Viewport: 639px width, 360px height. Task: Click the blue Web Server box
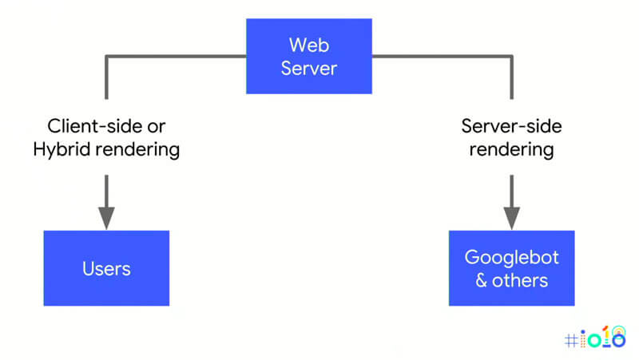coord(308,56)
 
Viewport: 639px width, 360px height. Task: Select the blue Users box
coord(106,268)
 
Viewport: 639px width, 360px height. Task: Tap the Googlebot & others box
coord(511,268)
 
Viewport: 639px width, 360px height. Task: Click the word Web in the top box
coord(308,44)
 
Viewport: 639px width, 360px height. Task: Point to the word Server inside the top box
coord(308,68)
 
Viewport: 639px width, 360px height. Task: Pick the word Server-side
coord(511,126)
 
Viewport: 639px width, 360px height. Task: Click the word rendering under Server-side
coord(511,149)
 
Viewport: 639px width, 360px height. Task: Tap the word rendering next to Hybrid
coord(137,149)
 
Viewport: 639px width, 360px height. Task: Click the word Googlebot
coord(511,257)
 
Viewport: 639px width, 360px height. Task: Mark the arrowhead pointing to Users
coord(106,216)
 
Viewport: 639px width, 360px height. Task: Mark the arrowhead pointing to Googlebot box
coord(511,216)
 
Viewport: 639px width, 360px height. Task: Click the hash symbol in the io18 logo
coord(570,339)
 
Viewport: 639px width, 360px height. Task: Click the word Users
coord(106,269)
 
